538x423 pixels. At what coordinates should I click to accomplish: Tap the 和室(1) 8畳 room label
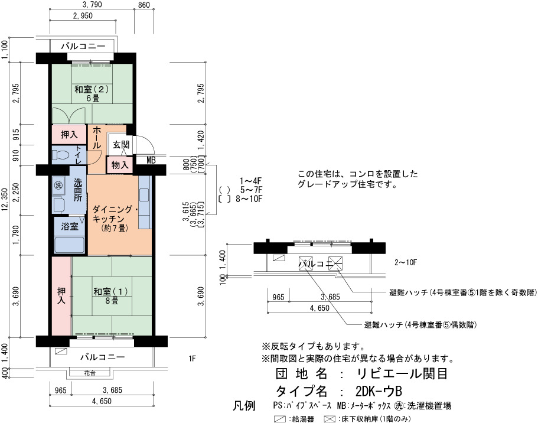(110, 295)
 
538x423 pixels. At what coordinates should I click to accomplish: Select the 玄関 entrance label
(121, 145)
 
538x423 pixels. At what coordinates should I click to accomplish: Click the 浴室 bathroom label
(70, 227)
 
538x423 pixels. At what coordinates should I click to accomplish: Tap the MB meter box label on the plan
(151, 160)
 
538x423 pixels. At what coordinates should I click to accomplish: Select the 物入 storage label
(120, 165)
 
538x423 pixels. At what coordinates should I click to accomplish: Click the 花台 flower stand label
(90, 373)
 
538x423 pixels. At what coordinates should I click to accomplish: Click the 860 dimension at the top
(144, 5)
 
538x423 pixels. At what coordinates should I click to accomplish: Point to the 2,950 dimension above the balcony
(83, 16)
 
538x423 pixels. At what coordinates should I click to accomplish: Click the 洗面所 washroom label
(78, 190)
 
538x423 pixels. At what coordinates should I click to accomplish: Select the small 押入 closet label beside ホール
(69, 135)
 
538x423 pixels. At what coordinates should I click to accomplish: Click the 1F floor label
(192, 359)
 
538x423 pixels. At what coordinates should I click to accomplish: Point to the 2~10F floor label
(406, 263)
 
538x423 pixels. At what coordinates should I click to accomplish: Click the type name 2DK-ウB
(379, 391)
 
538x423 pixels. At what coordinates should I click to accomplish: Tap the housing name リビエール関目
(402, 373)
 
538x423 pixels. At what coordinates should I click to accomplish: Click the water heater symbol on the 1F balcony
(61, 352)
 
